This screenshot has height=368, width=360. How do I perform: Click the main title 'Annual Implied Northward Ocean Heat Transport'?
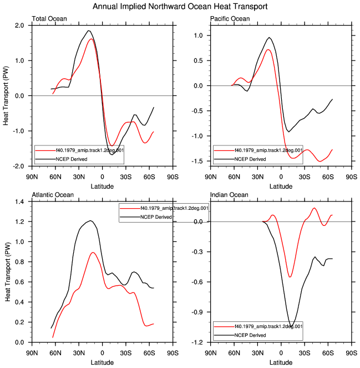180,6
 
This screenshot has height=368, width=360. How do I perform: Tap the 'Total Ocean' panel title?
49,19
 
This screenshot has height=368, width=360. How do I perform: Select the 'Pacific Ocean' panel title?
230,19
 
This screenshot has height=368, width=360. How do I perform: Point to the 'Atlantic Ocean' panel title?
53,195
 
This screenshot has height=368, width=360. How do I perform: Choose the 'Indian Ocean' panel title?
229,195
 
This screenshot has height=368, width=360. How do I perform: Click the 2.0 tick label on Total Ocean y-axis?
19,26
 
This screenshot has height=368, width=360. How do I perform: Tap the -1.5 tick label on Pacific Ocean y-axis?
197,161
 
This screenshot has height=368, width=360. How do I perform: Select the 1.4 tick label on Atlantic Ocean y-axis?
19,201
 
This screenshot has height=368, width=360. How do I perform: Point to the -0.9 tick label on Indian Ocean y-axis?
197,312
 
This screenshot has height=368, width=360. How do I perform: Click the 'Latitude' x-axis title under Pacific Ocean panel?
281,186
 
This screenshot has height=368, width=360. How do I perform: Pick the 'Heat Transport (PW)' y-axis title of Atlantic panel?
8,272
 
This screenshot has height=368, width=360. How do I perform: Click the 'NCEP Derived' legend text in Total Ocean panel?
72,159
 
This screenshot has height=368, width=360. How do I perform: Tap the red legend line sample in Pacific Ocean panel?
224,150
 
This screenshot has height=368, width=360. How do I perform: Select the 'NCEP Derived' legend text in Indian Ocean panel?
250,335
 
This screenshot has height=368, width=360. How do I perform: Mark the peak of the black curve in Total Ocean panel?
88,31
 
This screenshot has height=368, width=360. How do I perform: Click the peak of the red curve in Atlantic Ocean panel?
93,253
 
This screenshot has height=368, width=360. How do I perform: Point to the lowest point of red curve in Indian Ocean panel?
290,277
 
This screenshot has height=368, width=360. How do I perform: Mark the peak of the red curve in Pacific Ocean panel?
268,49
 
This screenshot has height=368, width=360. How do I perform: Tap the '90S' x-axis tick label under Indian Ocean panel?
352,353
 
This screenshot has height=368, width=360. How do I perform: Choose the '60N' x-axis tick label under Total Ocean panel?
55,177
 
